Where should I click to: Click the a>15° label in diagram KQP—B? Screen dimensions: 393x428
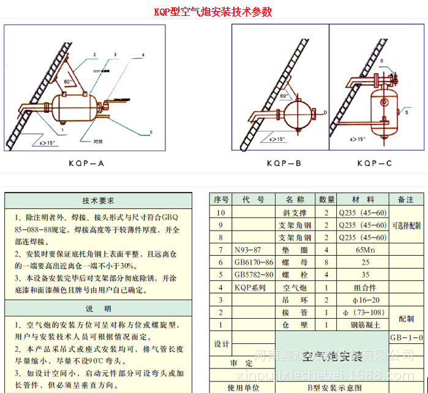[276, 139]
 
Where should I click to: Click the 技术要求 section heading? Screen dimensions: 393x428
[98, 200]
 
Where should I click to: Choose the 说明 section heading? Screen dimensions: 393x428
[98, 308]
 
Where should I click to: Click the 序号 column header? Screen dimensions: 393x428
[221, 200]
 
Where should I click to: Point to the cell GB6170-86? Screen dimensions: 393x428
[254, 262]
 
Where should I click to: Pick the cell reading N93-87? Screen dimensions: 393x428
[248, 250]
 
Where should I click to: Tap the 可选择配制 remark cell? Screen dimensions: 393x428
[407, 226]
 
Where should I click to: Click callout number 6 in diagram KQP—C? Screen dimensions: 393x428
[381, 61]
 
